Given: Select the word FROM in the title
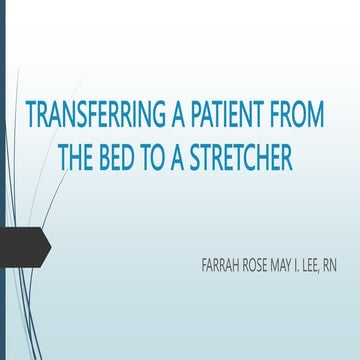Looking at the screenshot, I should point(298,116).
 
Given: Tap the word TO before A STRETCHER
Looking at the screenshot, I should point(162,158).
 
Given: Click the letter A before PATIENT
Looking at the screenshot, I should point(169,116).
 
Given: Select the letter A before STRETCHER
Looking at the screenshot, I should point(186,158).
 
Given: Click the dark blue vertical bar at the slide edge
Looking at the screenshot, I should point(3,180).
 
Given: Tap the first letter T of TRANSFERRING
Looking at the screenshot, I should point(31,116).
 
